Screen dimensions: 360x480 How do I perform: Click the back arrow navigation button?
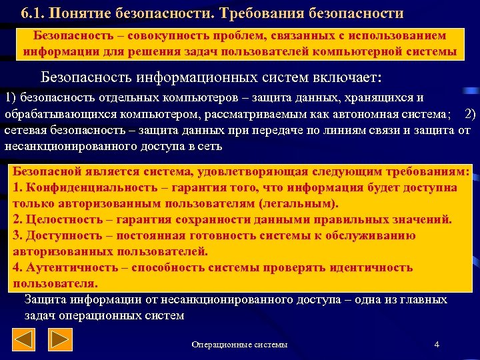[25, 341]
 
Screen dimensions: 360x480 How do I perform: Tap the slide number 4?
[436, 344]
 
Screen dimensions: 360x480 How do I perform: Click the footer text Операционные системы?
[239, 345]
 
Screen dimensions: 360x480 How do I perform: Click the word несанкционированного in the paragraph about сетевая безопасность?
[61, 146]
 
